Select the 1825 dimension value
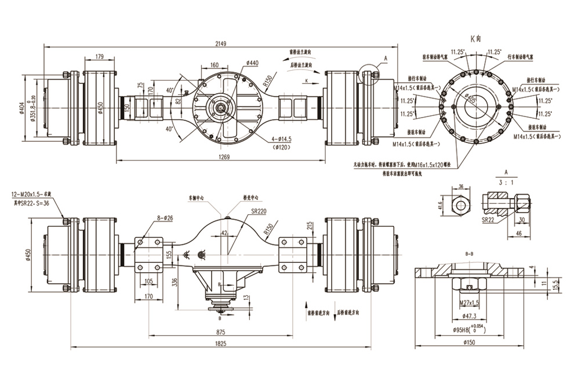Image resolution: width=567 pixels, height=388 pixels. [220, 343]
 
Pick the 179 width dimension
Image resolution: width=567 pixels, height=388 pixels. [99, 56]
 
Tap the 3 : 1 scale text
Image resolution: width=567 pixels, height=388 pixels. [506, 181]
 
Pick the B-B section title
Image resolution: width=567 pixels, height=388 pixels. [470, 254]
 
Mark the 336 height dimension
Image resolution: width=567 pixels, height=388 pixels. [174, 282]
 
